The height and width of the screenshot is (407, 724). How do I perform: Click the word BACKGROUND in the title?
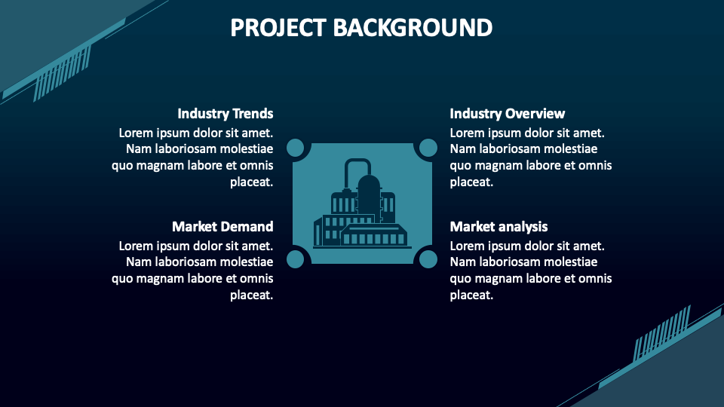413,28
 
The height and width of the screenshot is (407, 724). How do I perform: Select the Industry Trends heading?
225,114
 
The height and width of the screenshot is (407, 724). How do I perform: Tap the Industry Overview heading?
507,114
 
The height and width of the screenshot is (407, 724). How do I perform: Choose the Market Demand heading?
222,227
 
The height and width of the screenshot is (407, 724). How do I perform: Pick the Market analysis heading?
499,227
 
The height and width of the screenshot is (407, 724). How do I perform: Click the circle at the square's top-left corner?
296,148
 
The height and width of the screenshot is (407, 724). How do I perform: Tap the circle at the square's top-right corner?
428,148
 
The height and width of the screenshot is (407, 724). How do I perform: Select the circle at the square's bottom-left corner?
296,259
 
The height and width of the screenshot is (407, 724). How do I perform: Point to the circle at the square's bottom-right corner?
428,259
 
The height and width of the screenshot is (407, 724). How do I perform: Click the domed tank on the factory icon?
369,192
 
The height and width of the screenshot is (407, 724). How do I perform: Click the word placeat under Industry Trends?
251,182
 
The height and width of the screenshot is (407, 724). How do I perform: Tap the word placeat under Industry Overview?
471,182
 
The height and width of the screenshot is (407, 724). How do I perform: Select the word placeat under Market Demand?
251,295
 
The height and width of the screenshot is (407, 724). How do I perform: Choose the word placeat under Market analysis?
471,295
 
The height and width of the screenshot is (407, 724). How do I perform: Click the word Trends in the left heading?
253,114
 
